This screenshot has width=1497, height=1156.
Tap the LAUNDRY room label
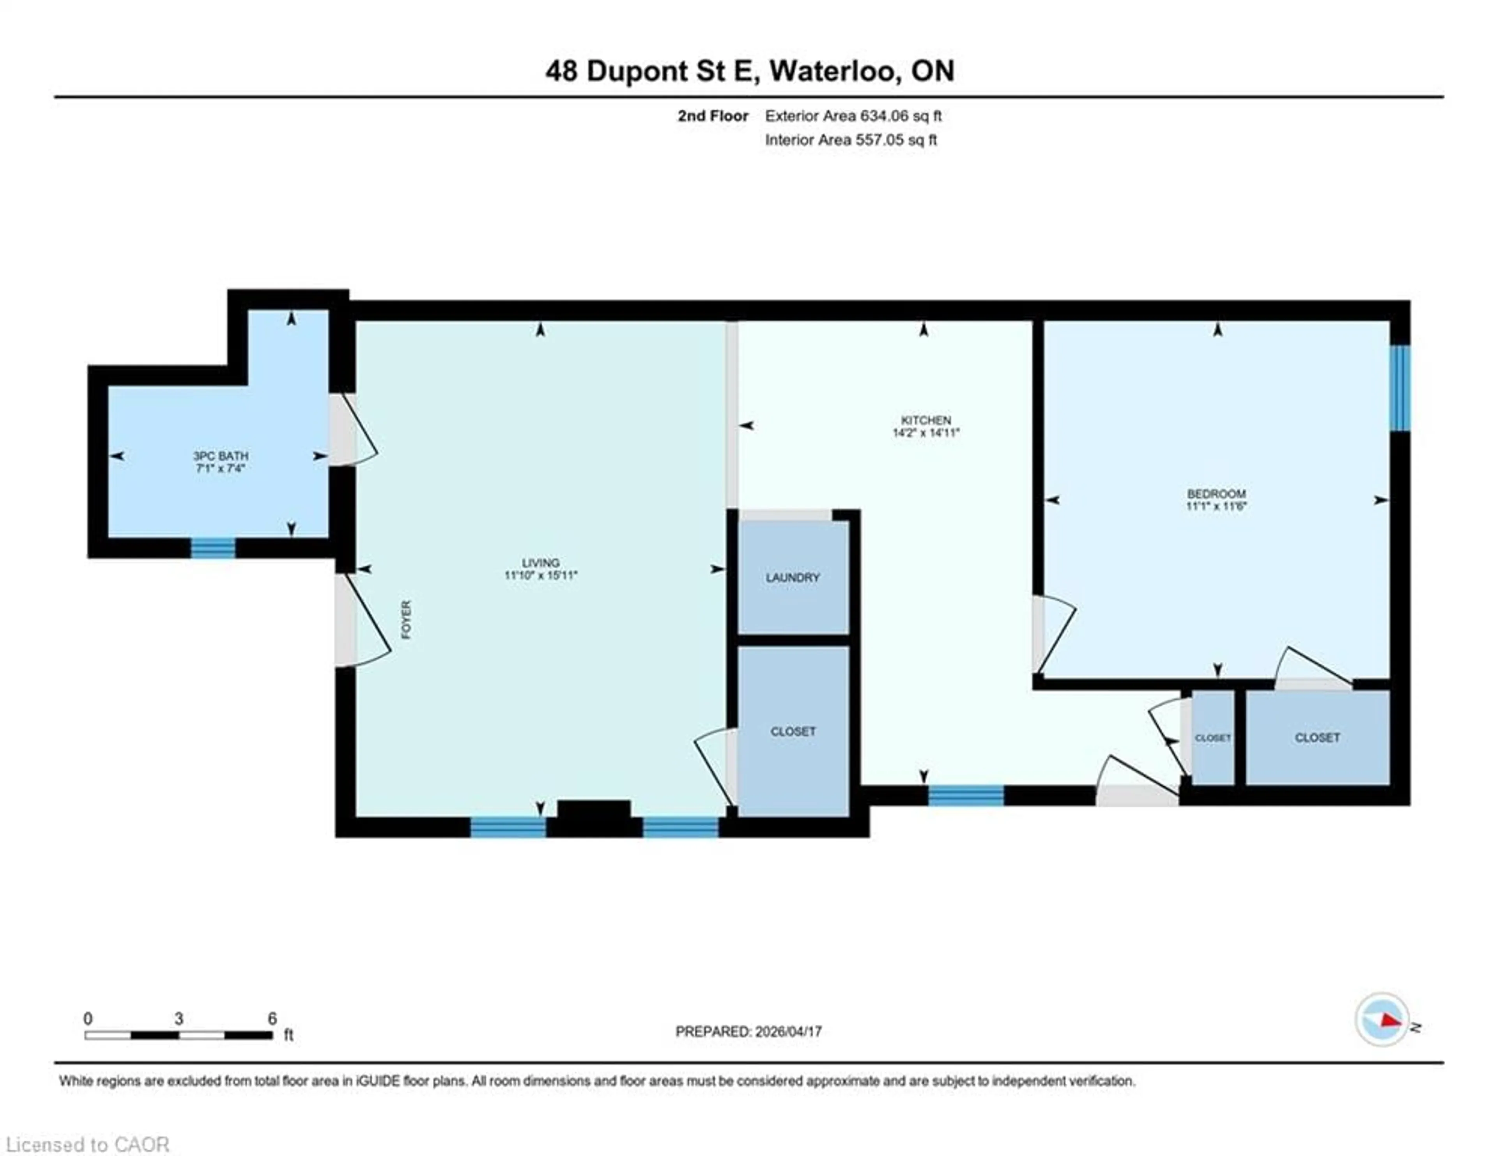coord(793,577)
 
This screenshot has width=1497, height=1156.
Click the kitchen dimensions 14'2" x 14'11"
coord(925,433)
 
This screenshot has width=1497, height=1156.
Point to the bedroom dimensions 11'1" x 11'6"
coord(1216,506)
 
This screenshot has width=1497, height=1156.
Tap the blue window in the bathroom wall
coord(212,548)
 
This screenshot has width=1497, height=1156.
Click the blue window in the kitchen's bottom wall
coord(966,795)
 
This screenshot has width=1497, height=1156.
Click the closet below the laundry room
coord(793,732)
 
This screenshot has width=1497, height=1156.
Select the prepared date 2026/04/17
coord(787,1031)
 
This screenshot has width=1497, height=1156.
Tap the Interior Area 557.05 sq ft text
coord(851,140)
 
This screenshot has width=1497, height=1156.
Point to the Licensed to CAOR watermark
coord(87,1144)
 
